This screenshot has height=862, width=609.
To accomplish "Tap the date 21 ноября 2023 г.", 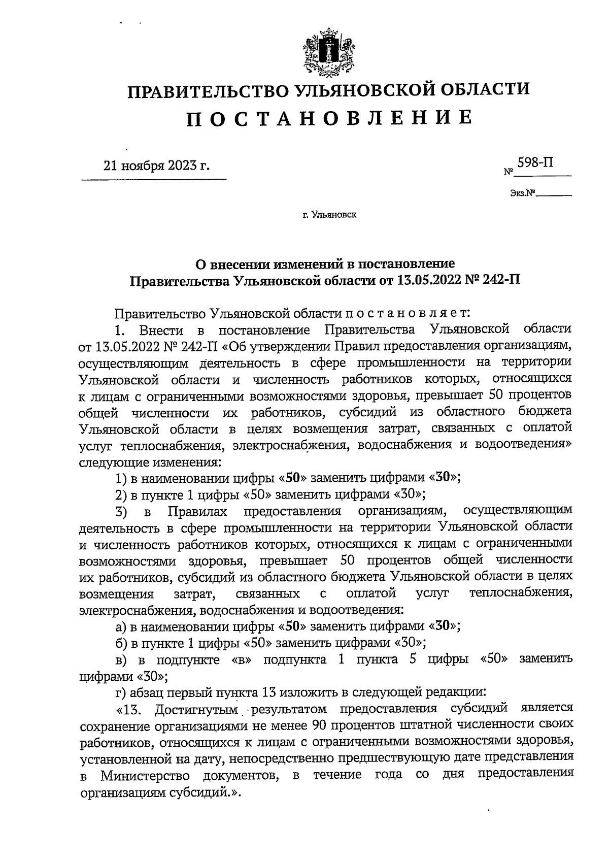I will (x=156, y=166).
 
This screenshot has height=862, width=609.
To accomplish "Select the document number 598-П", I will (x=535, y=163).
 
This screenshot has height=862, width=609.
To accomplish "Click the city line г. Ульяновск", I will (x=329, y=215).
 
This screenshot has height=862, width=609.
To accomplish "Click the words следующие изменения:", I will (x=150, y=462).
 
